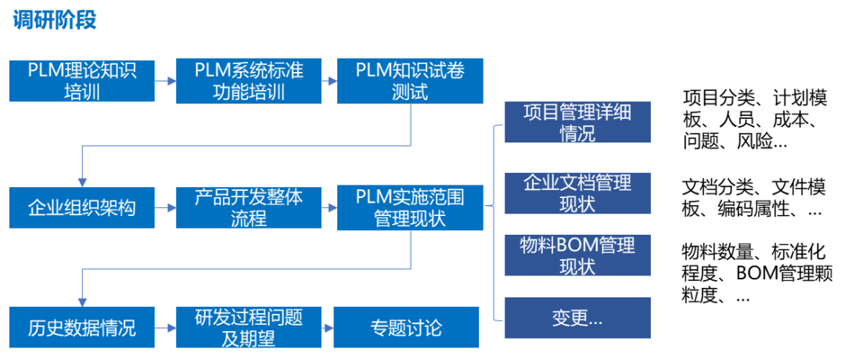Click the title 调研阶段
(x=55, y=20)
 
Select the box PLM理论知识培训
(x=81, y=81)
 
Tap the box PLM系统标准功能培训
(x=249, y=81)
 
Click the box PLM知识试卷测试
(x=410, y=81)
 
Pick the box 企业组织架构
(x=81, y=208)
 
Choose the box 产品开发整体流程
(x=249, y=208)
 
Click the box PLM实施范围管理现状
(x=410, y=208)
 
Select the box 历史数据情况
(x=81, y=327)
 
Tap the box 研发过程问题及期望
(x=249, y=327)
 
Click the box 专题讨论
(x=406, y=327)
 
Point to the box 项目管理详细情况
(x=577, y=122)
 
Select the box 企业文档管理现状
(x=577, y=193)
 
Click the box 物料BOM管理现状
(x=577, y=255)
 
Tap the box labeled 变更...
(x=577, y=318)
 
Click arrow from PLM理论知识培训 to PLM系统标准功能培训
(x=165, y=81)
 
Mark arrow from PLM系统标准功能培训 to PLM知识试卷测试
(x=329, y=81)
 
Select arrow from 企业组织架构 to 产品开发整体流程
(x=165, y=208)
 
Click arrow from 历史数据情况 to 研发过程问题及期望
(x=165, y=327)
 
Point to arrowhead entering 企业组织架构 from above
(x=82, y=181)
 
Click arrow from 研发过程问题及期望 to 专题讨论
(x=328, y=327)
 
